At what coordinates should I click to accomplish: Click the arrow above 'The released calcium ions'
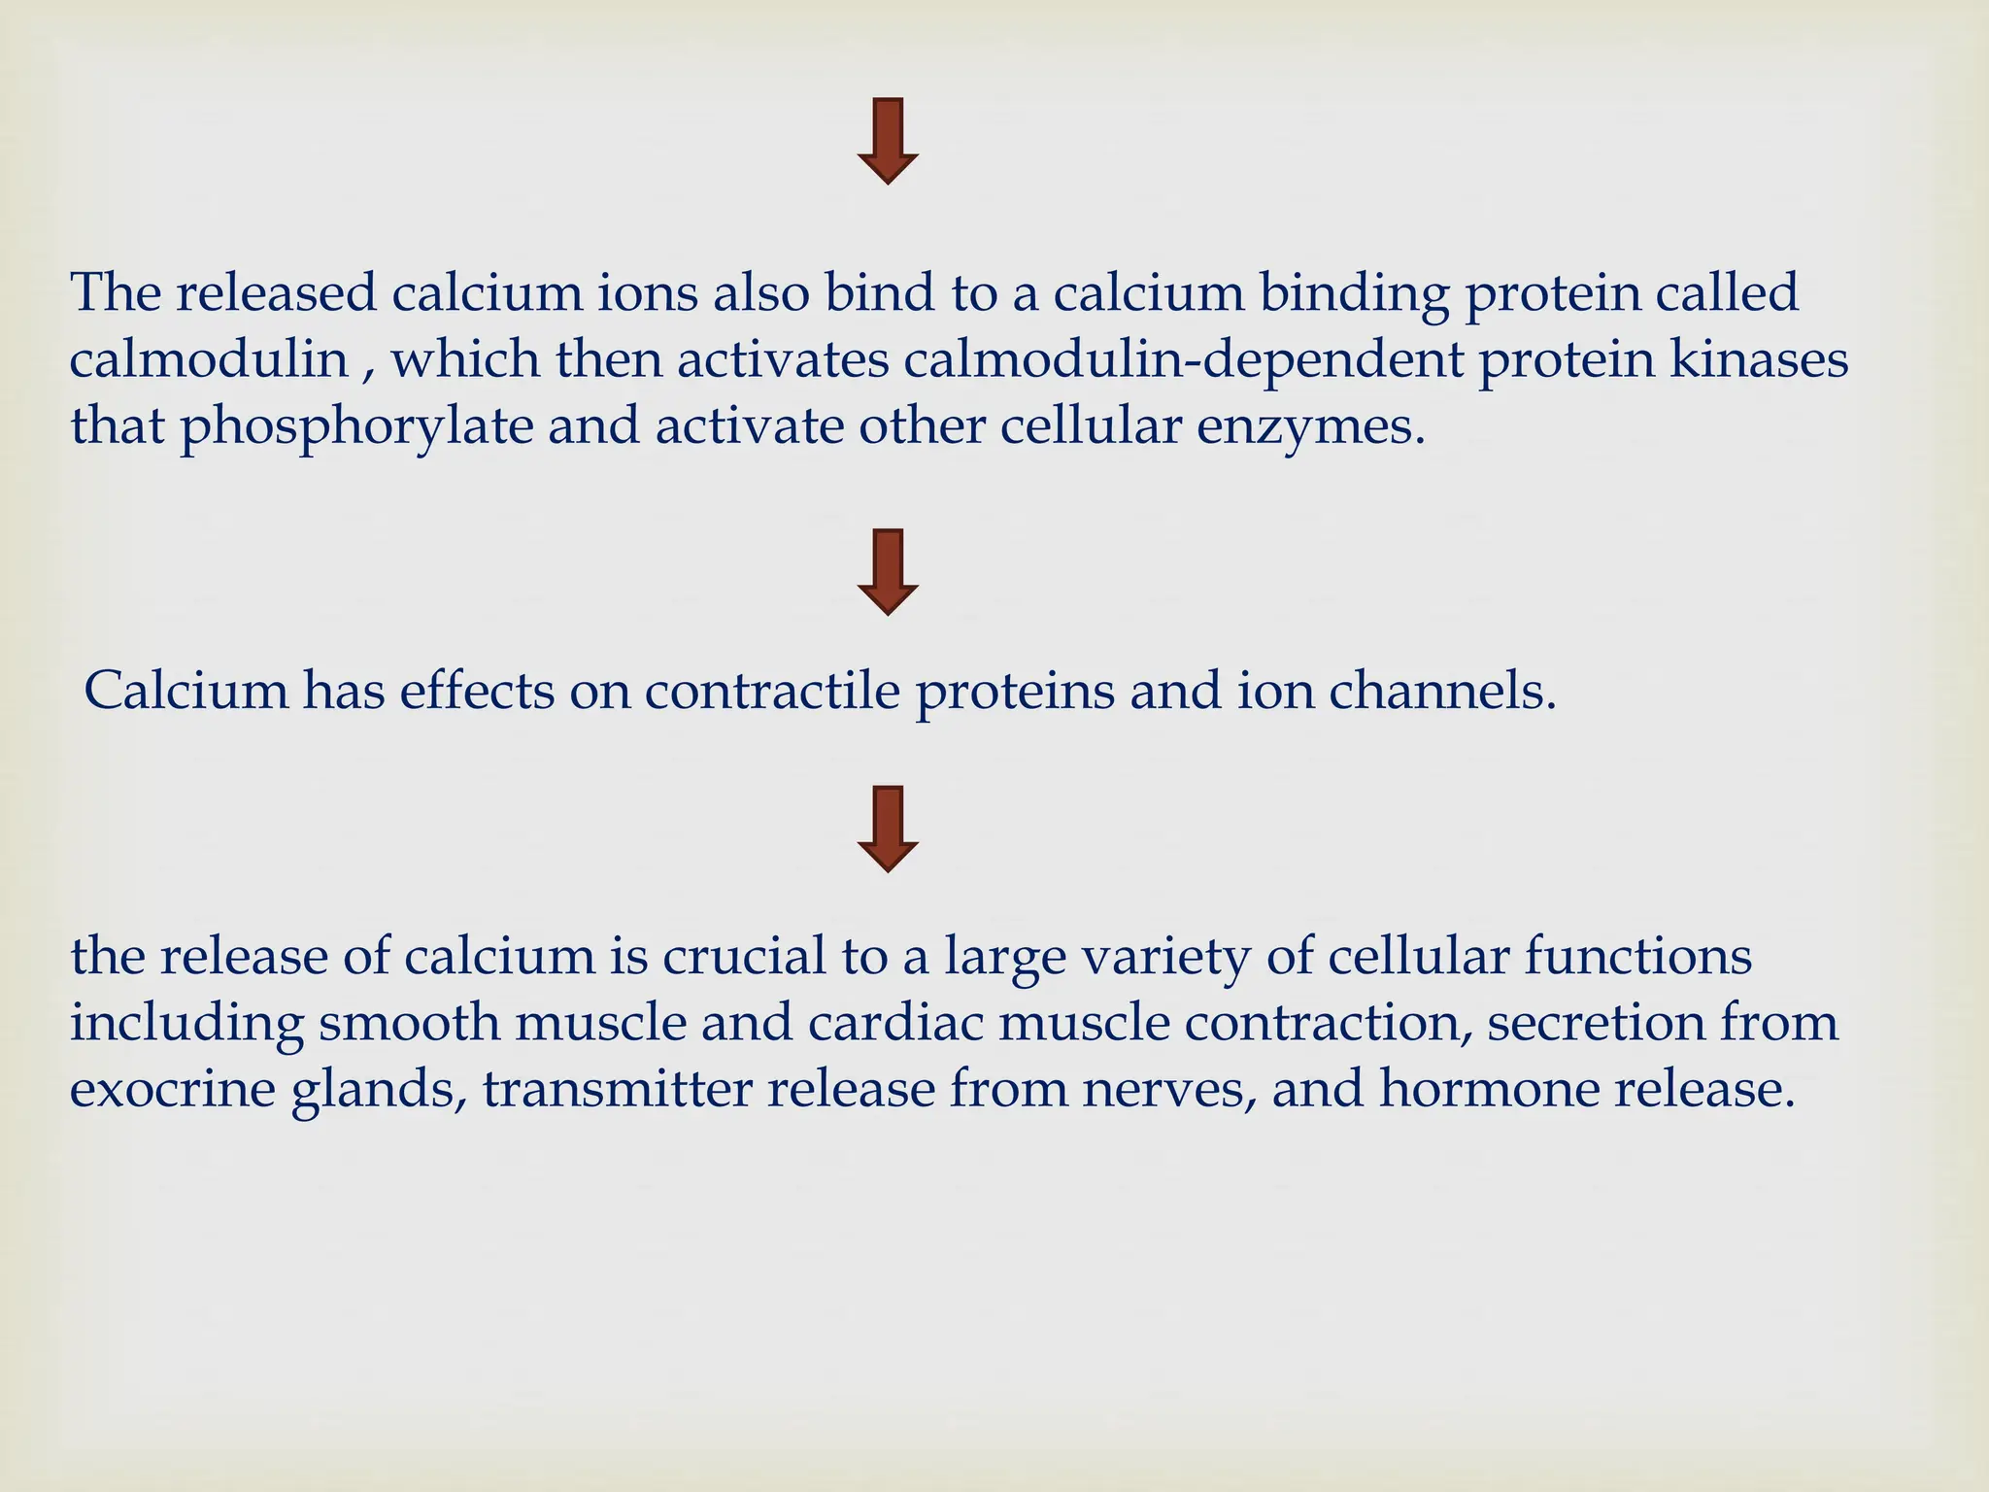(888, 141)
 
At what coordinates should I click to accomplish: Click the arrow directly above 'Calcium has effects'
(888, 572)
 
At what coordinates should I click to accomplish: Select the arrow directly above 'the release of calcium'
(888, 829)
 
